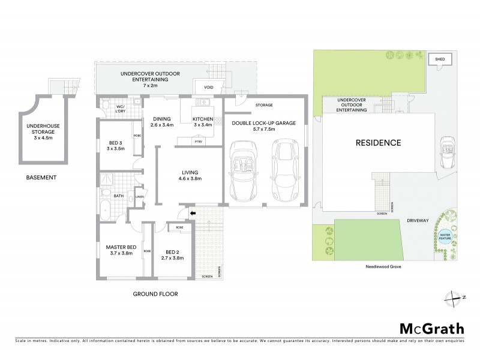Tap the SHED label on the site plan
(x=440, y=59)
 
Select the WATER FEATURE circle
(x=445, y=236)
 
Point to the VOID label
(x=208, y=88)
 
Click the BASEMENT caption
(x=41, y=178)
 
